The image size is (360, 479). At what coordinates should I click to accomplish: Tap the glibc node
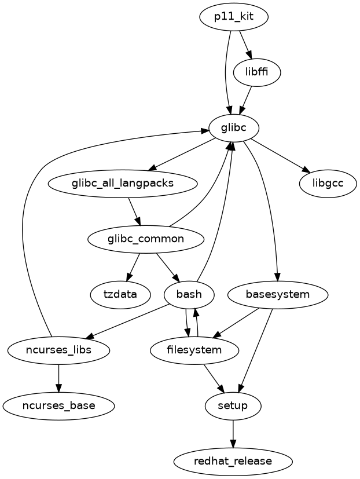point(233,128)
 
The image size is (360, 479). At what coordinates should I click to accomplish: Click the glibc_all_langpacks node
point(123,184)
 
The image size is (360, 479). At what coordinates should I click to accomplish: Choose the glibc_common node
point(146,239)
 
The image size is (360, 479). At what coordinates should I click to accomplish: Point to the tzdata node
point(121,294)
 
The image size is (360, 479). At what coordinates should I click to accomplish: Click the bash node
point(189,294)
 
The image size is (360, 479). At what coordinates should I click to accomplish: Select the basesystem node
point(278,294)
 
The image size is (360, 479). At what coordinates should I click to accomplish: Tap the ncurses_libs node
point(58,350)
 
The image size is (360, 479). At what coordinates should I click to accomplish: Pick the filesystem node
point(194,350)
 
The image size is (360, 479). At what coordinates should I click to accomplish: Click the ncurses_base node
point(58,405)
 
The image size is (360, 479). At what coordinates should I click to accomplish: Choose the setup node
point(233,405)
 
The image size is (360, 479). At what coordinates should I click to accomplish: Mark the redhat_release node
point(233,461)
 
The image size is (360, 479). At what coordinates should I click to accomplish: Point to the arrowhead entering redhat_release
point(233,444)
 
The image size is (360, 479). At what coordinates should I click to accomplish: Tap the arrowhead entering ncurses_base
point(58,389)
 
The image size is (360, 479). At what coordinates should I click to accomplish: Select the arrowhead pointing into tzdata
point(130,279)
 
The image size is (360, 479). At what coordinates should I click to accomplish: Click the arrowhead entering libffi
point(249,56)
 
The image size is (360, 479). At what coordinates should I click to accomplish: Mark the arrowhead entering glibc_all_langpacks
point(151,169)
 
